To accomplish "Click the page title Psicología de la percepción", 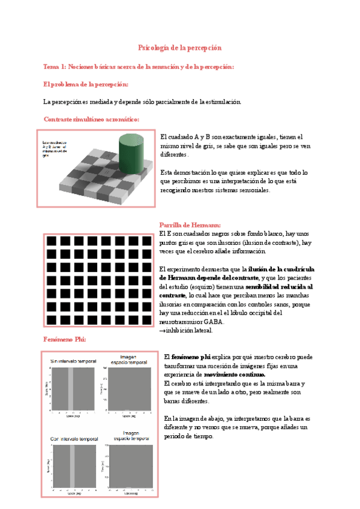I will point(180,47).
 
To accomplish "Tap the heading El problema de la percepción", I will point(86,84).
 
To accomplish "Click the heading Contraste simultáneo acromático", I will point(91,119).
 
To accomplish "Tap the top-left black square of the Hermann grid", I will point(52,241).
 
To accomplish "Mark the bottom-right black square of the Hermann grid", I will point(145,319).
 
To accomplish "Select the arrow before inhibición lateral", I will point(162,331).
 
